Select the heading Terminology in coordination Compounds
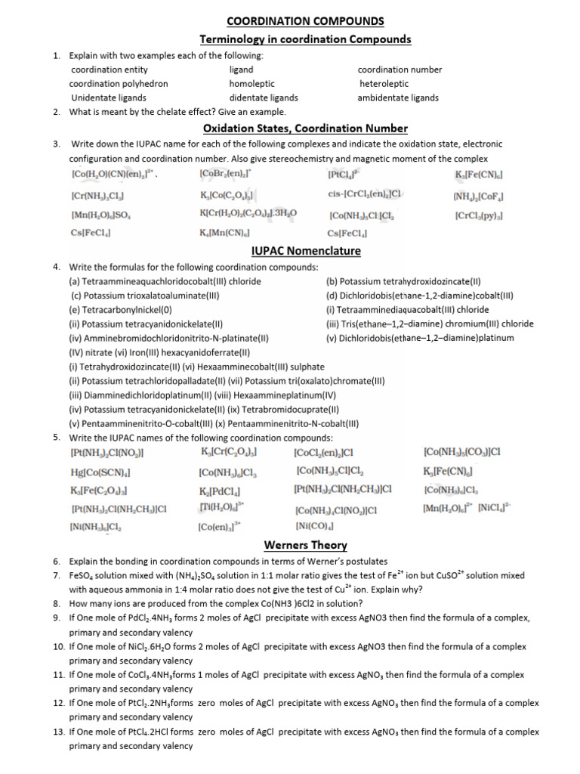(x=305, y=39)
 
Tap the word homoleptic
(x=252, y=83)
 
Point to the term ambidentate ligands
(x=398, y=98)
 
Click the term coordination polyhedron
(x=119, y=83)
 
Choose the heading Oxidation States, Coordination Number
(x=305, y=128)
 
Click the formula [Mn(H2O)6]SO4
(x=101, y=215)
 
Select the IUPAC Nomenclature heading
(x=305, y=251)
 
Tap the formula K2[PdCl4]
(x=220, y=491)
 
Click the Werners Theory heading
(x=305, y=545)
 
